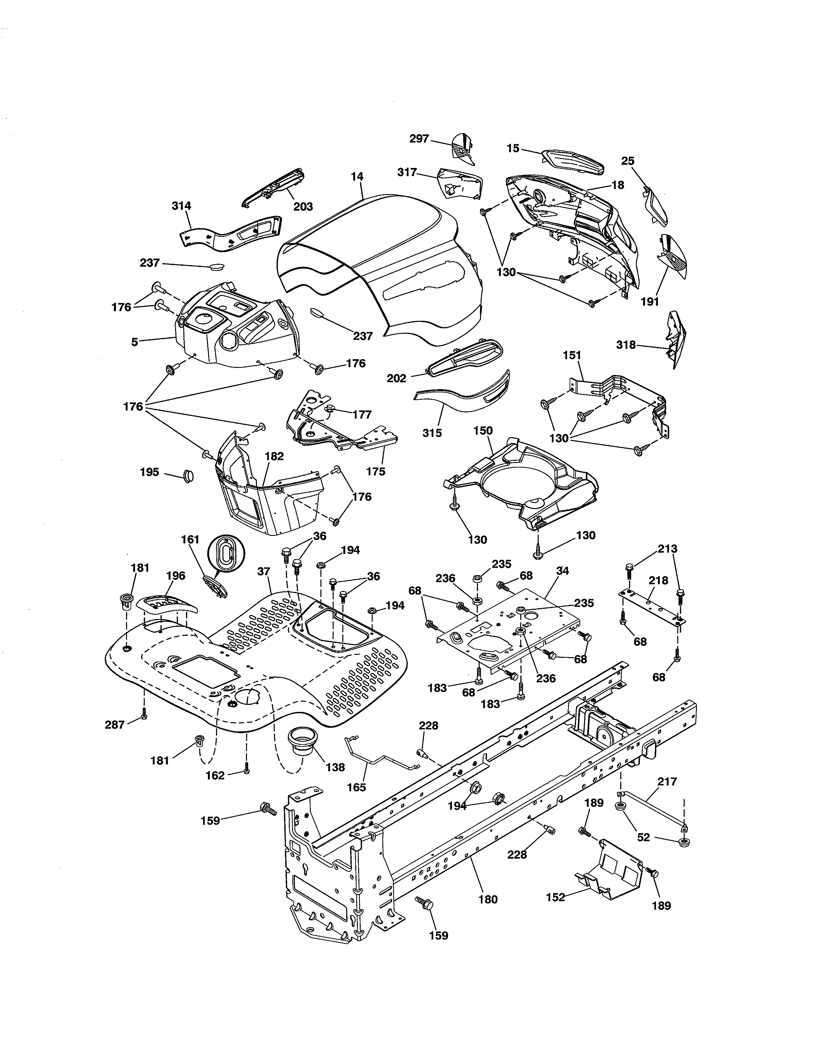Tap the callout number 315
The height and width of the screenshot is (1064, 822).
432,433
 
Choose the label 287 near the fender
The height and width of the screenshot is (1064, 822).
115,725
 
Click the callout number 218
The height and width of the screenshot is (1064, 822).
658,580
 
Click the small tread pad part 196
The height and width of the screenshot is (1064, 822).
167,604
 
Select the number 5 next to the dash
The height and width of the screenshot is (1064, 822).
134,342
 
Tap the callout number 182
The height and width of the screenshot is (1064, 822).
274,456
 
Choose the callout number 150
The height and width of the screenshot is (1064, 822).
483,431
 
